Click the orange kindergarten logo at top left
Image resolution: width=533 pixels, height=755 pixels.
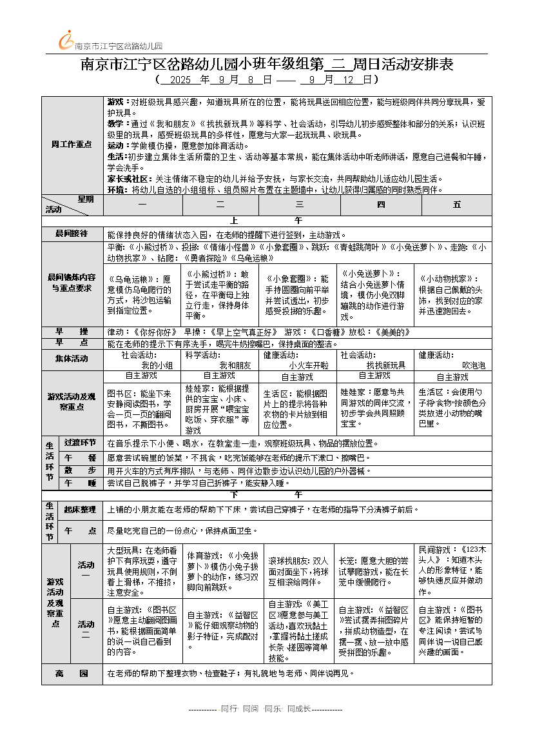click(66, 41)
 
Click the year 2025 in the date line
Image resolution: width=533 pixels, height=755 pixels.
click(180, 81)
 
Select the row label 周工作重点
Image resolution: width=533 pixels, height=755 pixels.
click(72, 144)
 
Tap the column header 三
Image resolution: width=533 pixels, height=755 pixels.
click(300, 205)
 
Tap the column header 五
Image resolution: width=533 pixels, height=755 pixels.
click(457, 205)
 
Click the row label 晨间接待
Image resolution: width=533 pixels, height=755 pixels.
click(72, 234)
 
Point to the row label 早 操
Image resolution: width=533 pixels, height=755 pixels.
click(72, 332)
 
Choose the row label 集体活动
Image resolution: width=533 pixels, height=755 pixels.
click(72, 359)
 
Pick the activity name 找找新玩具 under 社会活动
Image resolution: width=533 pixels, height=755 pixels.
click(386, 365)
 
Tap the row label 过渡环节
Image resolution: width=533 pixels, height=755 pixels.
click(80, 443)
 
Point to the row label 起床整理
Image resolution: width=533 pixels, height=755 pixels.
click(80, 510)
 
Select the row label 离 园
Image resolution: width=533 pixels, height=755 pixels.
click(72, 673)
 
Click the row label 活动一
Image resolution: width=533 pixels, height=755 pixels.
click(86, 570)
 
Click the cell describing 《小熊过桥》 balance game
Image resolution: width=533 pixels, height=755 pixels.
click(219, 294)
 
